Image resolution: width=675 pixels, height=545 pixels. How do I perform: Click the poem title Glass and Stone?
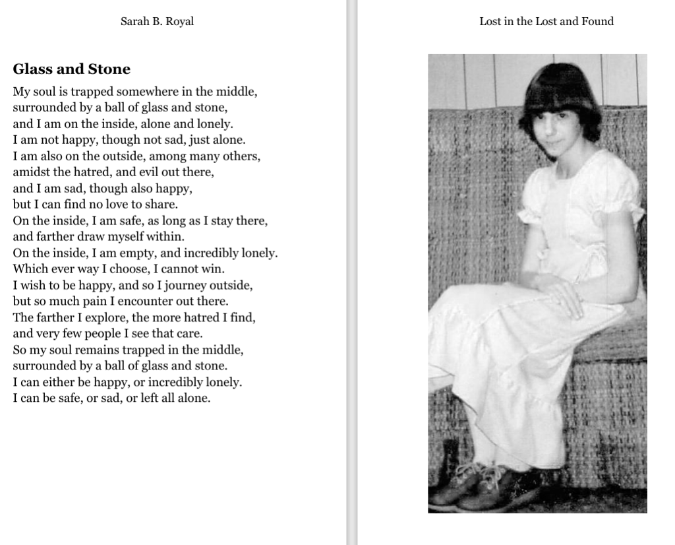tap(71, 69)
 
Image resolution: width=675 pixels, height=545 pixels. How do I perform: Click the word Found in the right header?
tap(597, 21)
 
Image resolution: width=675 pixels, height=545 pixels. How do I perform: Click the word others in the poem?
tap(241, 156)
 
